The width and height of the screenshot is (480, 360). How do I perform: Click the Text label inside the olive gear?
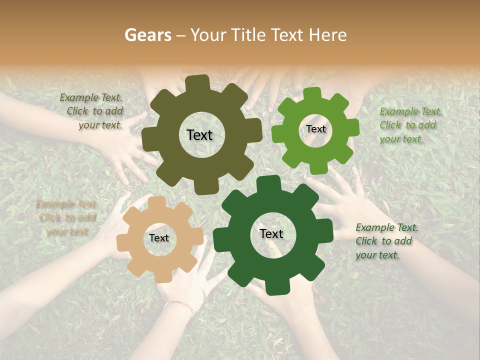pos(199,135)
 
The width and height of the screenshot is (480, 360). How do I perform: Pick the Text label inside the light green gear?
pos(315,129)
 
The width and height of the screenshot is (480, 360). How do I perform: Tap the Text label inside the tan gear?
pos(159,238)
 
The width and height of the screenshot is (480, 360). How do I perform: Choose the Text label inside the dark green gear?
pos(271,233)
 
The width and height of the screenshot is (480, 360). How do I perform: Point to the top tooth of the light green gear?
pos(312,93)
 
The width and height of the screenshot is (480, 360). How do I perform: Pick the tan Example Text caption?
pos(66,217)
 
